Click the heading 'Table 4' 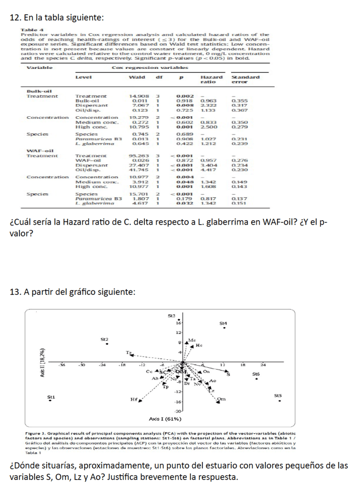(29, 32)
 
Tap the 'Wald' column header (136, 77)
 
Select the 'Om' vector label (221, 398)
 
